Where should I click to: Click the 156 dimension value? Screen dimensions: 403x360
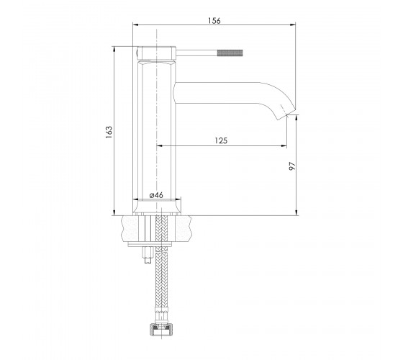214,21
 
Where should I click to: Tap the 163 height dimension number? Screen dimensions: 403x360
109,132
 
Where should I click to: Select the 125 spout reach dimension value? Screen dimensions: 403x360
221,140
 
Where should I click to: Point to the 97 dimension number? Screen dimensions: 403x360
292,166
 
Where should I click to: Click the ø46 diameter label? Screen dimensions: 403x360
156,195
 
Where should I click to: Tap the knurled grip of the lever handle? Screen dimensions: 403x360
230,53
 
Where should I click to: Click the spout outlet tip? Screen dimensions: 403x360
287,114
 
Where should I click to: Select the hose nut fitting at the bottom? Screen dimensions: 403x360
161,329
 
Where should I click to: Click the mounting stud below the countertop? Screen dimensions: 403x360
148,255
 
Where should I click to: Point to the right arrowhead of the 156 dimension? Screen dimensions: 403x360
293,24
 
